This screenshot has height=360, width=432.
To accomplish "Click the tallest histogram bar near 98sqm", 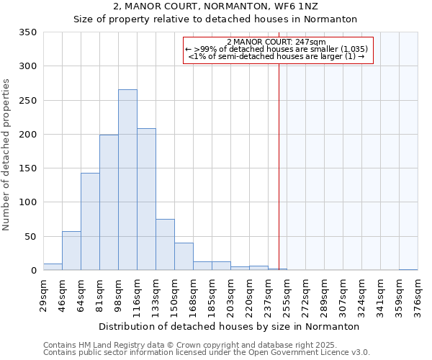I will coord(127,180).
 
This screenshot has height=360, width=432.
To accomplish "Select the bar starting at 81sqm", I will coord(109,202).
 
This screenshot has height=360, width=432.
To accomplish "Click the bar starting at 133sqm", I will coord(165,245).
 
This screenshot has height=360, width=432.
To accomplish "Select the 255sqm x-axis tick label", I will coord(287,296).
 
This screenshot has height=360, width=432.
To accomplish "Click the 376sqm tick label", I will coord(418,296).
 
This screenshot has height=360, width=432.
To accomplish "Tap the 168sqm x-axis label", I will coord(193,296).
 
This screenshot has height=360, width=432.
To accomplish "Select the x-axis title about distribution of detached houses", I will coord(228,327).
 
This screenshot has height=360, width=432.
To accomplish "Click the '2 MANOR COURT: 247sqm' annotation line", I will coord(277,42).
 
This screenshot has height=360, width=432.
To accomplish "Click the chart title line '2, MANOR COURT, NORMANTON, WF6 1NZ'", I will coord(215,6).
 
